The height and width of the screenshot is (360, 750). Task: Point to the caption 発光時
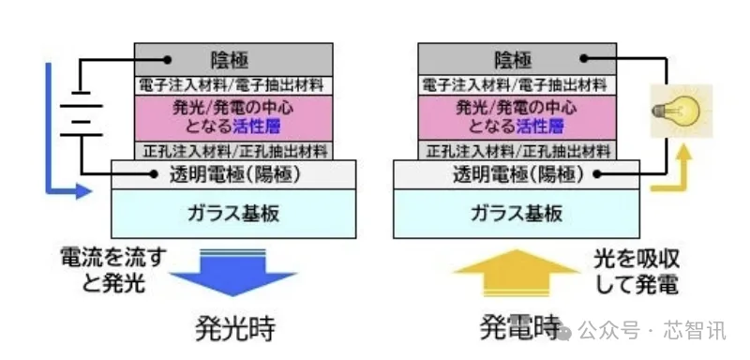click(235, 328)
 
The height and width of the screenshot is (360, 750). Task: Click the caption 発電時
click(517, 328)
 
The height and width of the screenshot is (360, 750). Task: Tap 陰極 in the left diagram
click(232, 60)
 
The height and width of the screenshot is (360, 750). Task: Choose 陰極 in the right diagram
click(512, 60)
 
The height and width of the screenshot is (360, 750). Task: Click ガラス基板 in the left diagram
click(234, 213)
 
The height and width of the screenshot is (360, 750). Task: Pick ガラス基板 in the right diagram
click(516, 213)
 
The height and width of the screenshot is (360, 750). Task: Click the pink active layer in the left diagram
click(232, 117)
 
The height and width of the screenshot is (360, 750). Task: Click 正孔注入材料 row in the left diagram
click(232, 150)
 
